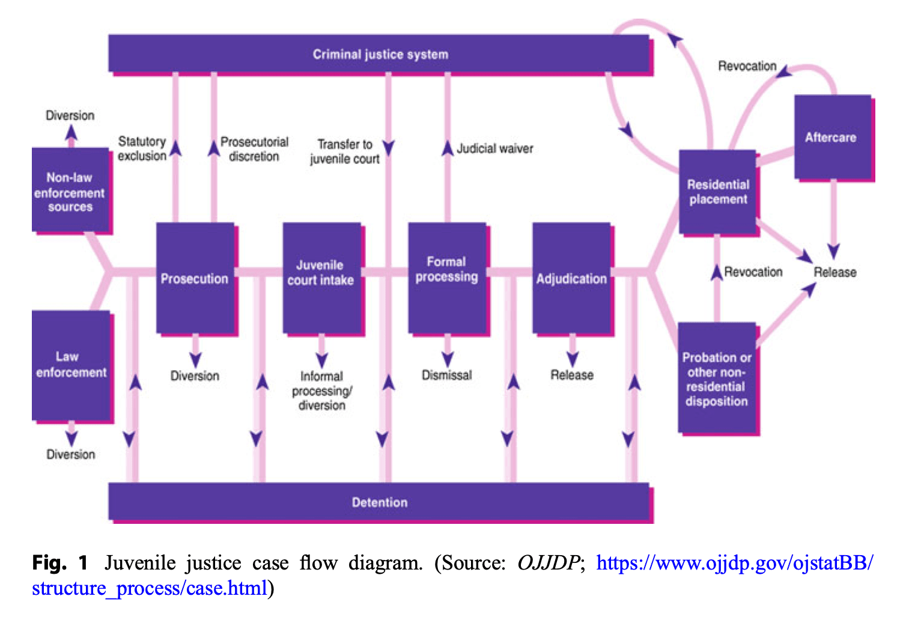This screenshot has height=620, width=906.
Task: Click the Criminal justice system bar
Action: pyautogui.click(x=380, y=54)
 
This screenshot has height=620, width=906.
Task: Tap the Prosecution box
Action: pyautogui.click(x=195, y=279)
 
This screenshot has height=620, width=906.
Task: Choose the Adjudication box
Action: pyautogui.click(x=571, y=279)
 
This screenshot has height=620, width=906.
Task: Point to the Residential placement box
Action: pyautogui.click(x=718, y=192)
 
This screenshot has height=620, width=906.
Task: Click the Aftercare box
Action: pyautogui.click(x=832, y=138)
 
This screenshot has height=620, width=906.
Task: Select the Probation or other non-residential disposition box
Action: pyautogui.click(x=717, y=378)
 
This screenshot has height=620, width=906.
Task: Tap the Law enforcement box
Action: pyautogui.click(x=71, y=365)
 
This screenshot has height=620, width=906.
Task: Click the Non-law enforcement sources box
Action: pyautogui.click(x=70, y=192)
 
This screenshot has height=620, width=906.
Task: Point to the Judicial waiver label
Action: pyautogui.click(x=494, y=148)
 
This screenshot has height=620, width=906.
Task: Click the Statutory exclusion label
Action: pyautogui.click(x=142, y=148)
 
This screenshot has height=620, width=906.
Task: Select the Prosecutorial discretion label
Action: pyautogui.click(x=254, y=149)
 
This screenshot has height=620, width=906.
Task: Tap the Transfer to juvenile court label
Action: pyautogui.click(x=345, y=151)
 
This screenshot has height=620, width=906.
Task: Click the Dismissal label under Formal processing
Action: pyautogui.click(x=446, y=375)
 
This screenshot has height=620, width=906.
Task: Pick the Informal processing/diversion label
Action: pyautogui.click(x=322, y=391)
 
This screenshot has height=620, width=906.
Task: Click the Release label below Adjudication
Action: pyautogui.click(x=572, y=375)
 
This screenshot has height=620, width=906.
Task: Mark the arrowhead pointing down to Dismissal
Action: pyautogui.click(x=448, y=359)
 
